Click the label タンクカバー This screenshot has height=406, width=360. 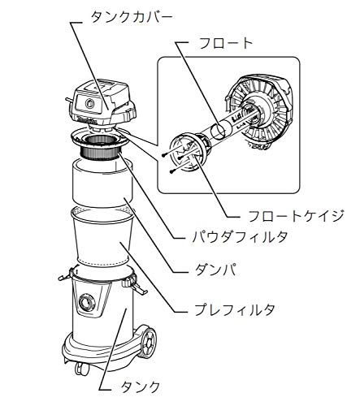point(132,18)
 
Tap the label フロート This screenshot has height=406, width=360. point(226,43)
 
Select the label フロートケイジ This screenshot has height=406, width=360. point(296,216)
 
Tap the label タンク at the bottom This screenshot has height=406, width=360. point(141,387)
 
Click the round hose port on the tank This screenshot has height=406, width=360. point(88,302)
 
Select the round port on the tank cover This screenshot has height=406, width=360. point(89,103)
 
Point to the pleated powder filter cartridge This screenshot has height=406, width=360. point(102,149)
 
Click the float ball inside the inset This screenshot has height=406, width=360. point(218,131)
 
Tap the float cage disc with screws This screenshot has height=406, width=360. point(185,153)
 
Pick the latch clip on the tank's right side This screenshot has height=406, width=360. point(132,283)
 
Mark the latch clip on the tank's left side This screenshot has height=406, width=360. point(66,274)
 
